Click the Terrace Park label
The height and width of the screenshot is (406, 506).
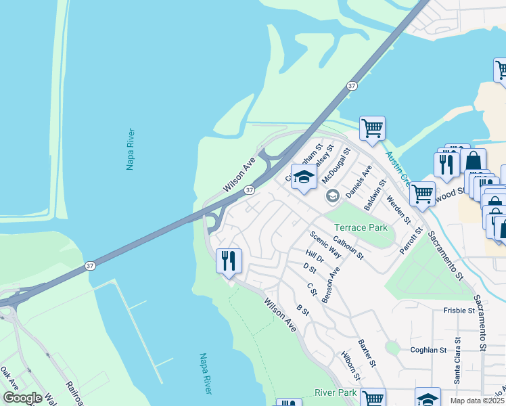361,227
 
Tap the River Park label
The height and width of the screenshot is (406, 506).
336,392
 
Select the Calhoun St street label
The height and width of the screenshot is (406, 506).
348,248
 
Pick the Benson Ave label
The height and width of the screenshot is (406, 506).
331,283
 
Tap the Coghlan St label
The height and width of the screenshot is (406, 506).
429,350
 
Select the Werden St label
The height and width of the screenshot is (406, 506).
398,210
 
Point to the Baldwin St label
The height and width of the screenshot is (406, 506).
374,194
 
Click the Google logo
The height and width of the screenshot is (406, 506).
22,397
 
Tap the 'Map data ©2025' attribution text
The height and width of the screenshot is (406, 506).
477,401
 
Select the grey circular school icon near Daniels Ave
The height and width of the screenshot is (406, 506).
332,196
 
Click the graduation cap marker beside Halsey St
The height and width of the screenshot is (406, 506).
304,177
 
